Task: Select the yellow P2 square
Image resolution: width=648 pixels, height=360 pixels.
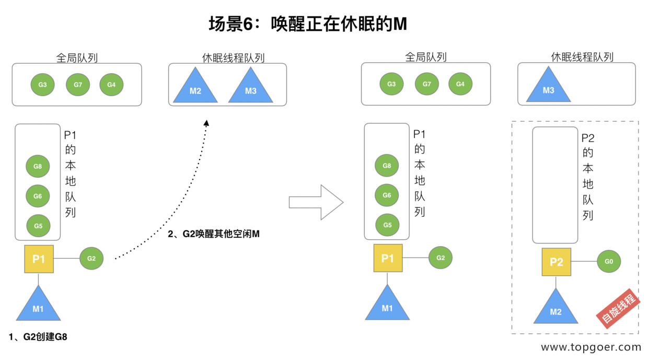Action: click(x=556, y=262)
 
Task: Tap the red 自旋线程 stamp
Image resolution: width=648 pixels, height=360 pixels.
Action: click(x=619, y=309)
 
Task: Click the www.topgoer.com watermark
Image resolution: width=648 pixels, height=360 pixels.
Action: click(x=591, y=347)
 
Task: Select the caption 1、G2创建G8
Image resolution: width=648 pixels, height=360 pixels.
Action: click(x=38, y=337)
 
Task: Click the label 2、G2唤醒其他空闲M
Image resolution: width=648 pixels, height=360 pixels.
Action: click(x=214, y=234)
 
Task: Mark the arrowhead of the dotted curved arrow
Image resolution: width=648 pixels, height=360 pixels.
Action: click(x=206, y=123)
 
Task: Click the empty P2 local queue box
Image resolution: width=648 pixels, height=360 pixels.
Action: click(x=554, y=185)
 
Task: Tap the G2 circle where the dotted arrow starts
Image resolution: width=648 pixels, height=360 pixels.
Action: click(x=91, y=258)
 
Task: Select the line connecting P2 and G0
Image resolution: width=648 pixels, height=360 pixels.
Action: click(x=584, y=261)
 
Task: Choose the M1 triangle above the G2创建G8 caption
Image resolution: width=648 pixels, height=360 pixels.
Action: click(x=38, y=306)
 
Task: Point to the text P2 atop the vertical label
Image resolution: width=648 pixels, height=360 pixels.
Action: click(x=588, y=138)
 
